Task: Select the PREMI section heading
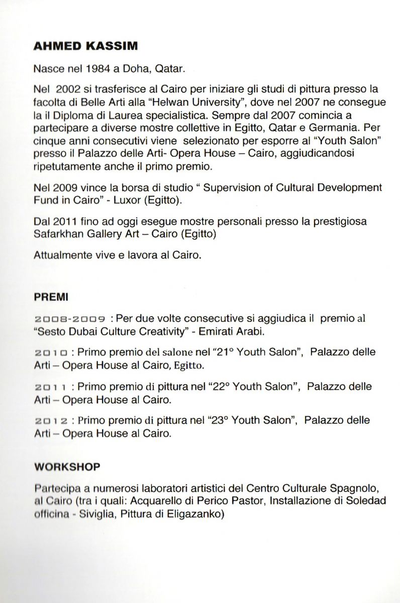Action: [x=51, y=297]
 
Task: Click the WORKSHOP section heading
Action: [x=67, y=466]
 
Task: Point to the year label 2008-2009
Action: [x=69, y=319]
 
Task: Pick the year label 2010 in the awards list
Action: [x=51, y=353]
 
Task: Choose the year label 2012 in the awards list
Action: [x=51, y=420]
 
